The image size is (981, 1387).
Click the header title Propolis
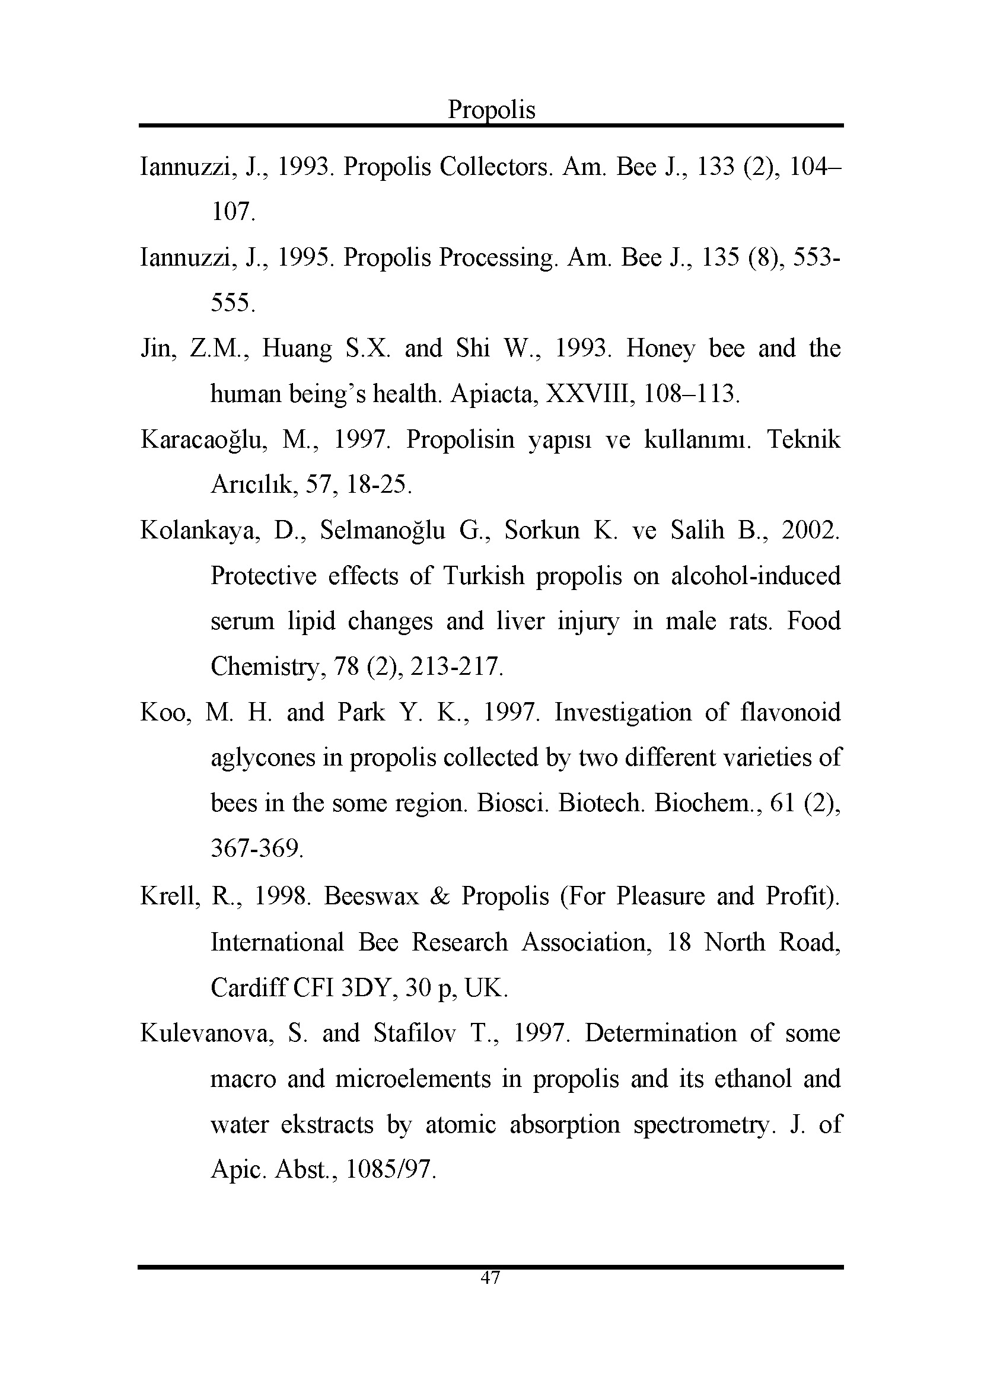click(x=491, y=110)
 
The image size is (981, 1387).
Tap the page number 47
click(x=490, y=1278)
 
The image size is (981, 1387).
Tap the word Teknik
click(x=804, y=439)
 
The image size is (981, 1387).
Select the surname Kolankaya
click(x=200, y=530)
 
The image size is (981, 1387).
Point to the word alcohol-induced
click(x=756, y=576)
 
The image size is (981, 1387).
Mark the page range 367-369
click(x=257, y=849)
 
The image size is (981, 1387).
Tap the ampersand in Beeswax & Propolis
click(x=439, y=896)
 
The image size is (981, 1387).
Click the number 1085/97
click(x=390, y=1169)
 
